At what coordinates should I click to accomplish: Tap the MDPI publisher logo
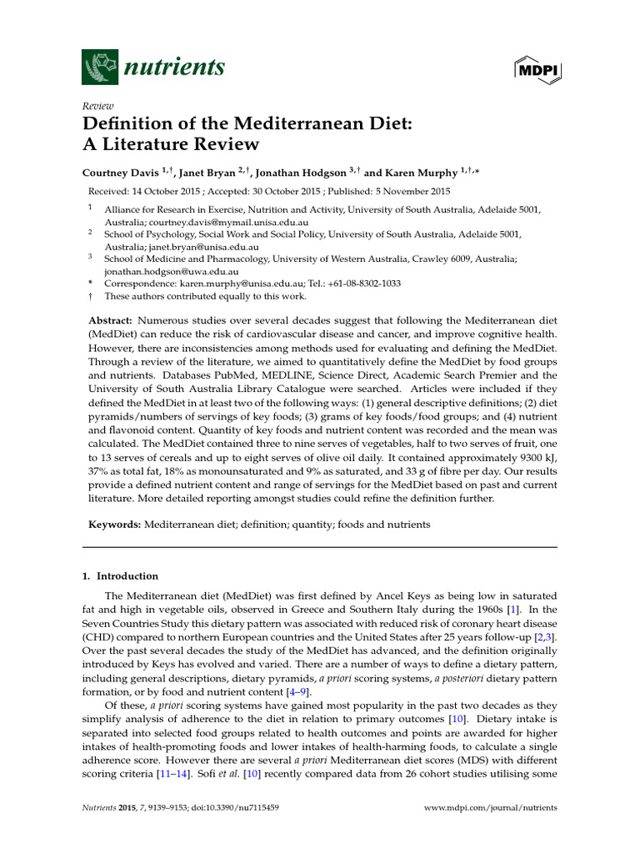(534, 68)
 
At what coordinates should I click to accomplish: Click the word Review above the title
(97, 108)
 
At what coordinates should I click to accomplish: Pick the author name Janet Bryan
(209, 173)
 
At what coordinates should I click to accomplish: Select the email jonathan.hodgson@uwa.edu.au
(172, 272)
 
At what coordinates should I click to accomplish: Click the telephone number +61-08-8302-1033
(362, 284)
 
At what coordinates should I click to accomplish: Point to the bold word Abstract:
(111, 320)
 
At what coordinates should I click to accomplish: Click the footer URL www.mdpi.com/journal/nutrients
(491, 808)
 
